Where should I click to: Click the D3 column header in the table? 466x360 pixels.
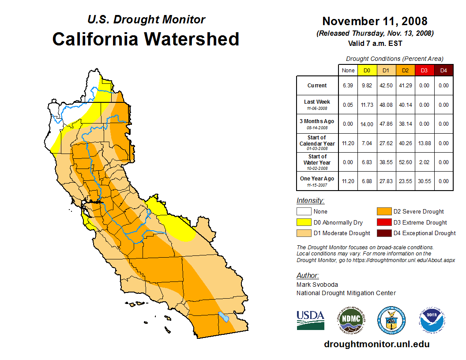pos(424,70)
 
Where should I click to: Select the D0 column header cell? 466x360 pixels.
pos(367,70)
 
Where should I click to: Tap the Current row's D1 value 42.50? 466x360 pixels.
pos(386,86)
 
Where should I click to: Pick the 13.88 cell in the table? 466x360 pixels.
pos(424,143)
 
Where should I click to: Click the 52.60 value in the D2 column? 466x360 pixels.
pos(405,162)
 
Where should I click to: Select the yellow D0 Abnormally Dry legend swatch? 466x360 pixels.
pos(304,222)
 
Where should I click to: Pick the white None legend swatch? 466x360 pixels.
pos(304,212)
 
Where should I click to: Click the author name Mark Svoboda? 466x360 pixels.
pos(317,285)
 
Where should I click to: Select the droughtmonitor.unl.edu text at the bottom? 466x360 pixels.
pos(376,344)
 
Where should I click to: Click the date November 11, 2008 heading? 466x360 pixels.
pos(375,21)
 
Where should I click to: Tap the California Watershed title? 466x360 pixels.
pos(146,39)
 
